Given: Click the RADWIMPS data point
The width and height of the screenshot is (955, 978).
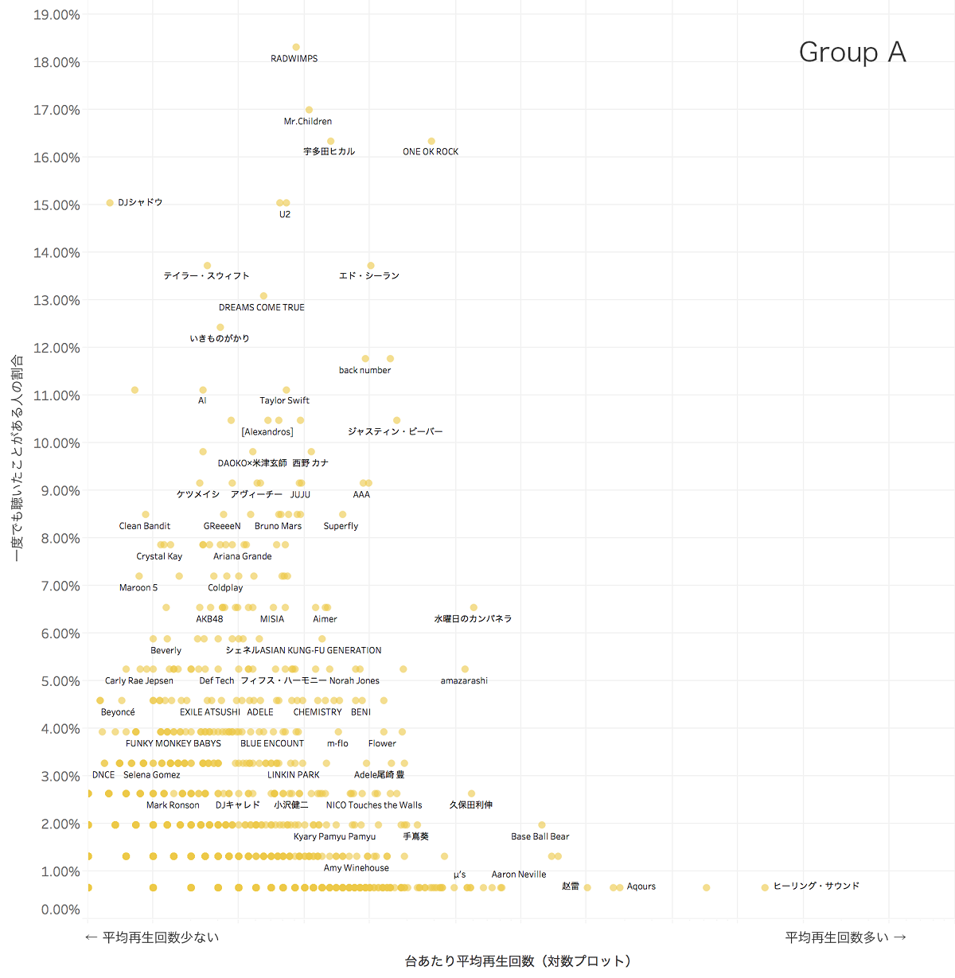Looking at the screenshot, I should point(296,48).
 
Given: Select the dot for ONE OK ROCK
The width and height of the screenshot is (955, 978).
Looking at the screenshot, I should point(431,142).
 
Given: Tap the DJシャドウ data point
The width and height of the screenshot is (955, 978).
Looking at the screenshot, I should point(110,203).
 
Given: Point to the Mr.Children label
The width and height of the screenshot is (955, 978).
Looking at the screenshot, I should point(308,122).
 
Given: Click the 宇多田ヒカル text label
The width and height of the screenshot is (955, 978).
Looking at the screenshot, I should point(329,151).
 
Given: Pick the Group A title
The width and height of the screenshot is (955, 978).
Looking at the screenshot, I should point(852,53).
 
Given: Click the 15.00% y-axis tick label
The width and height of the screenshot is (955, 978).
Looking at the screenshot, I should point(57,205).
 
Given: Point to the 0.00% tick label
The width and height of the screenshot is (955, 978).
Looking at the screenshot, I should point(60,910).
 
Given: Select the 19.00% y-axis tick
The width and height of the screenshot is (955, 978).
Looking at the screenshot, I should point(57,15).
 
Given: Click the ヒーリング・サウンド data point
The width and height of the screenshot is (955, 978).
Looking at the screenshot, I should point(765,887).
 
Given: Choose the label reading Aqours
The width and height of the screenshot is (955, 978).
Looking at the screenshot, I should point(641,886).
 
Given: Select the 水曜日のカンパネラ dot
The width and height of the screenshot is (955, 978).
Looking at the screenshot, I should point(474,608).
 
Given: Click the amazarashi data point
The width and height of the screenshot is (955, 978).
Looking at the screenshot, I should point(465,669).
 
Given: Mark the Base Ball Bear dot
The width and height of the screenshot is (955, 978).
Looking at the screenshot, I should point(542,825).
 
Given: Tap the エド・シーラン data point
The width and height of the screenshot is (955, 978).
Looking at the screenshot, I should point(371,266).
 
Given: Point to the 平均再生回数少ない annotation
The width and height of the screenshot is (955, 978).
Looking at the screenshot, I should point(152,937).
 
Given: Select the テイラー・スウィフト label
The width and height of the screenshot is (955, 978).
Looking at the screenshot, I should point(206,276).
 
